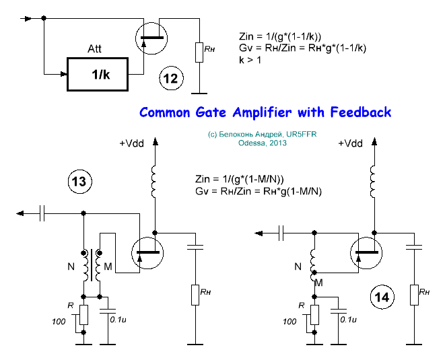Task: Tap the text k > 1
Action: (251, 61)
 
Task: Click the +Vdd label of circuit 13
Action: (132, 144)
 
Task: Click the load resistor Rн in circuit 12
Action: (200, 52)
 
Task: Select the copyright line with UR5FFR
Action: (263, 135)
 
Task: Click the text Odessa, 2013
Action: (263, 143)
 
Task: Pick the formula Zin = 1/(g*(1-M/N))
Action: (239, 180)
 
